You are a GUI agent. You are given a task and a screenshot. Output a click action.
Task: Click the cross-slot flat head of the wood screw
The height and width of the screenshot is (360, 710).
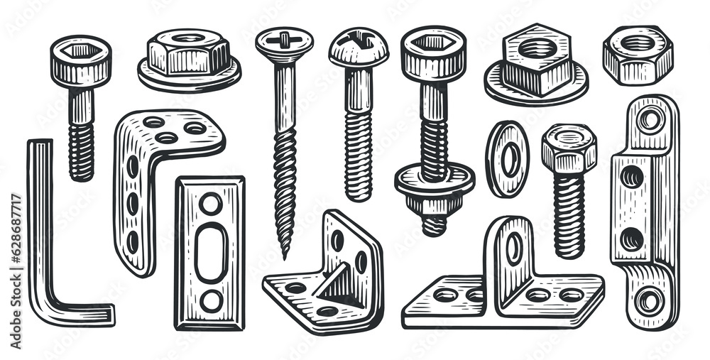pos(284,38)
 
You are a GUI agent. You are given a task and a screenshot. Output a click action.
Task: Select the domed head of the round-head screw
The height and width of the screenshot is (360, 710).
pos(359,47)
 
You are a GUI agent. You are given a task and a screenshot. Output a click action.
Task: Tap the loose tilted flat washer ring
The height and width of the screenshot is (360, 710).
pos(507,158)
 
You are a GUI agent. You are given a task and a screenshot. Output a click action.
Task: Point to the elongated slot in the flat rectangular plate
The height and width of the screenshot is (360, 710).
pos(210,253)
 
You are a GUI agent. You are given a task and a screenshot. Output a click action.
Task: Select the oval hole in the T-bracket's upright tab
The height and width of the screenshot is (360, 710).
pos(514,249)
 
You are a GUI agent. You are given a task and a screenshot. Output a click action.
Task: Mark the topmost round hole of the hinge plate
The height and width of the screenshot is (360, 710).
pos(650,119)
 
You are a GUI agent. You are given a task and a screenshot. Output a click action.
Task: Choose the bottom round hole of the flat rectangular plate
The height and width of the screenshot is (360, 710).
pos(210,300)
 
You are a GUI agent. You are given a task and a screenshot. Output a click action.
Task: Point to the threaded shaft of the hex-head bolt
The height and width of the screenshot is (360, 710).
pos(569,213)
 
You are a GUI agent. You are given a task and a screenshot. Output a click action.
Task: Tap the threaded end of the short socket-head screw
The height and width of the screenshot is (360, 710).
pos(81,151)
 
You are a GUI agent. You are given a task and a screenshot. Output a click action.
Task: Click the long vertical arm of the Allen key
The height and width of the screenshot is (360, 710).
pos(39,220)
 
